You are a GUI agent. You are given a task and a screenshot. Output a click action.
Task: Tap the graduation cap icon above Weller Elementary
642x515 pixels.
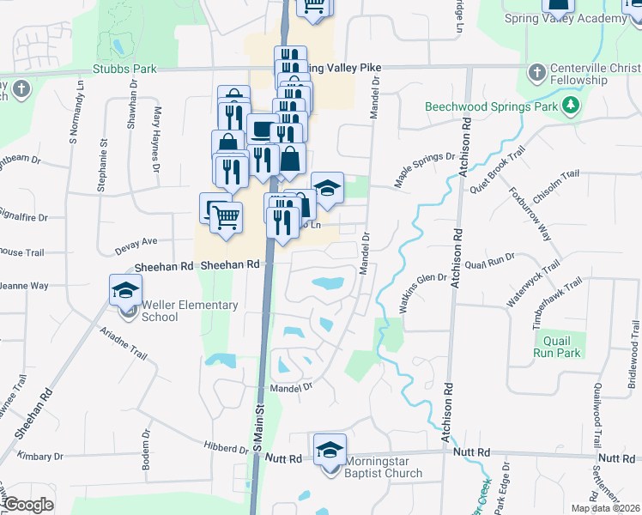126,289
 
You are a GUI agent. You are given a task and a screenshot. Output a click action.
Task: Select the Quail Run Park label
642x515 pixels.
557,346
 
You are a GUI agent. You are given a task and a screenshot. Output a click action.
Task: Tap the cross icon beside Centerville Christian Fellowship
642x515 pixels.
537,72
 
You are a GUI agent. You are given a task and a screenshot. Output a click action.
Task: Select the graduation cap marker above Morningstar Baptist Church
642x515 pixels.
330,449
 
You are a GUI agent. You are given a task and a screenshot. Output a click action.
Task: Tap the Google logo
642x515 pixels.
28,505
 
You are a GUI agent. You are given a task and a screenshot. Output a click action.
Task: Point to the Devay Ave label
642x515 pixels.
137,244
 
